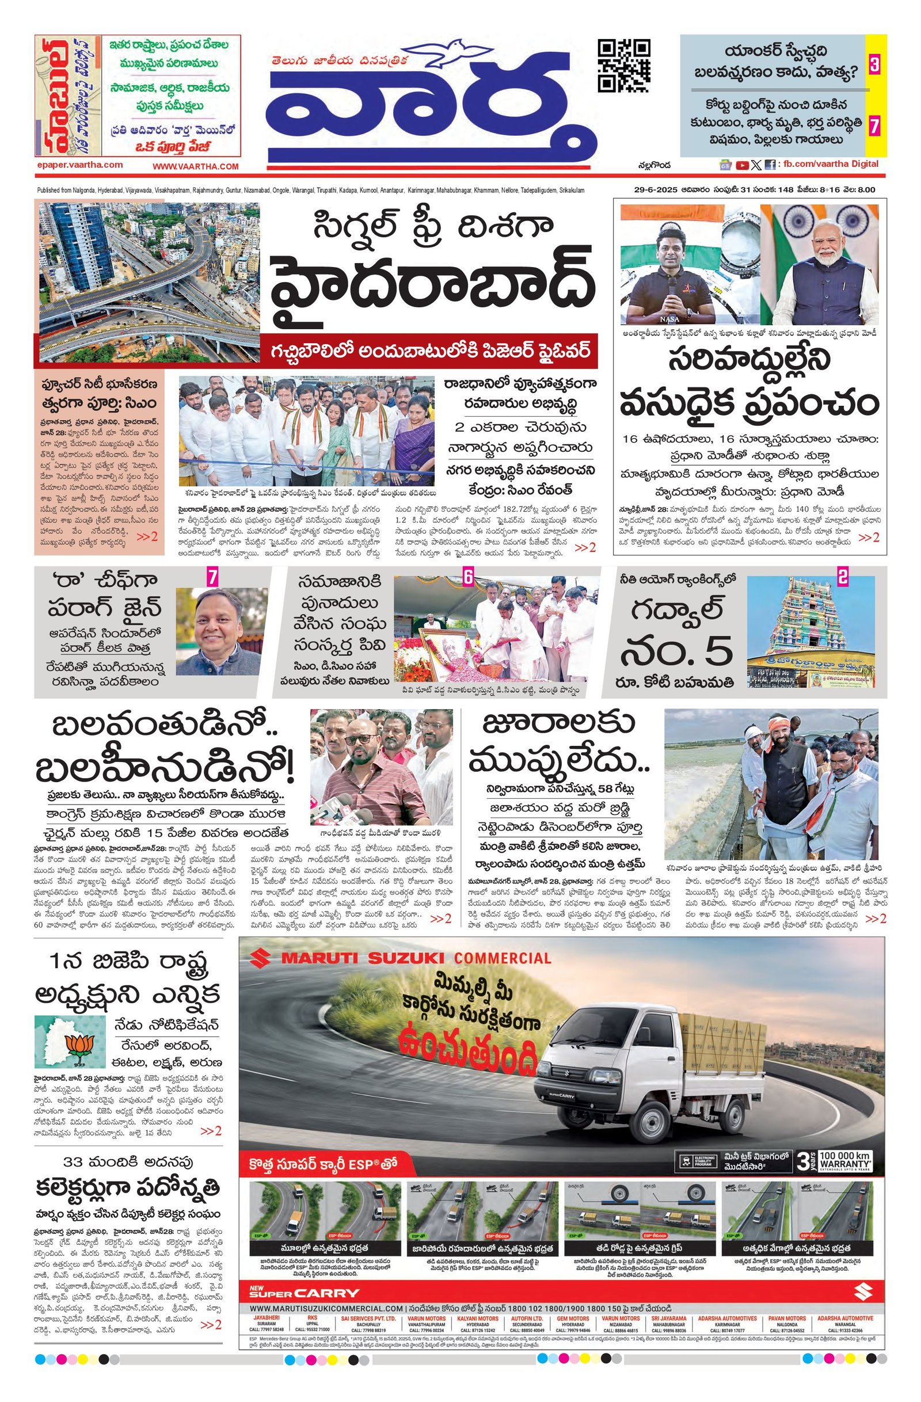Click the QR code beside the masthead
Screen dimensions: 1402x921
point(623,66)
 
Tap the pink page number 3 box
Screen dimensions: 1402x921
point(874,64)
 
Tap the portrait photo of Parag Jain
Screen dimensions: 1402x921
point(221,630)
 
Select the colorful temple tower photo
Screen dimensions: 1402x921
point(810,631)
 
